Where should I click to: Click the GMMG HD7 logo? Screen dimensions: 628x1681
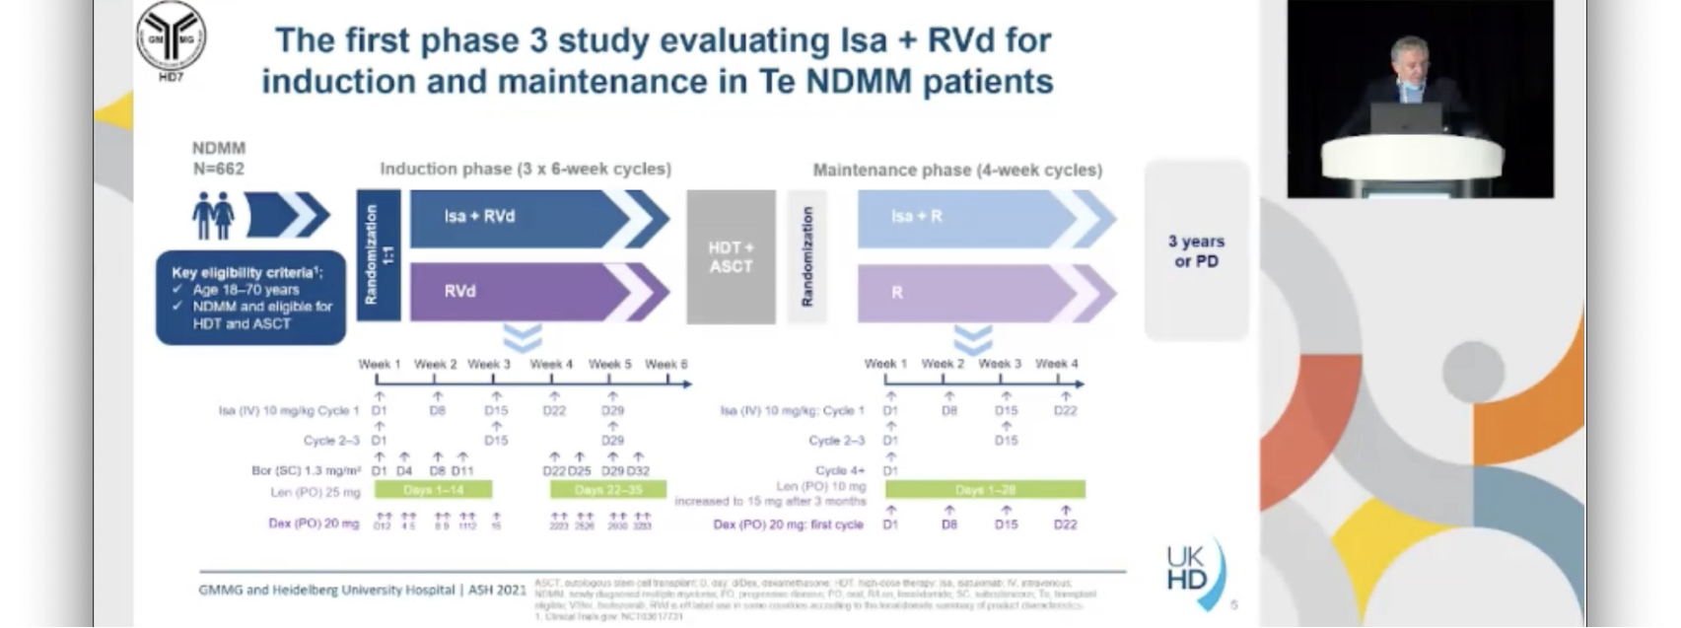(x=171, y=37)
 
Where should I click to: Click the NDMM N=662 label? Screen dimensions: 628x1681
(x=218, y=158)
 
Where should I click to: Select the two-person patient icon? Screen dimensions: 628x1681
(x=213, y=216)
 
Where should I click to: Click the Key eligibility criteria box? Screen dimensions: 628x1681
(x=251, y=297)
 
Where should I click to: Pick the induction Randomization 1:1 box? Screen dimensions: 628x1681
(x=378, y=254)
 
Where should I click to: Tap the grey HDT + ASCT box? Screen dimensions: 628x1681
(x=731, y=256)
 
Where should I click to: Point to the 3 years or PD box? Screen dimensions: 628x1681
(x=1196, y=251)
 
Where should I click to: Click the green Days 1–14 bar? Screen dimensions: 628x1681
(x=433, y=490)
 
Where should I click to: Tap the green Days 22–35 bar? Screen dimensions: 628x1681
(x=607, y=490)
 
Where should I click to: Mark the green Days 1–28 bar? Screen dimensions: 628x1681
(x=985, y=490)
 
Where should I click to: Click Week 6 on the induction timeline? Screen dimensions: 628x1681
(x=666, y=365)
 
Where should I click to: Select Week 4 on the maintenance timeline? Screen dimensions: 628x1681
(x=1056, y=364)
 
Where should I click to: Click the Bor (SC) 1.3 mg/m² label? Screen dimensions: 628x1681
(x=305, y=471)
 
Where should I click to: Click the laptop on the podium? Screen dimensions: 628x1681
(x=1406, y=118)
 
